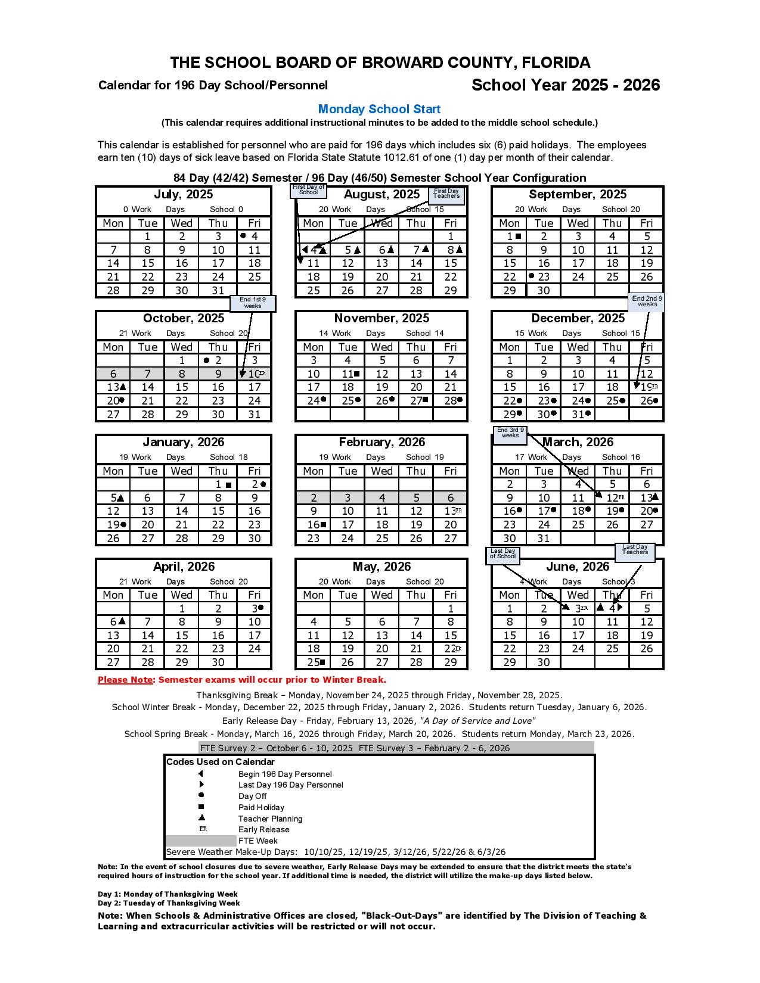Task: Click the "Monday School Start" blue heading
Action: [x=379, y=109]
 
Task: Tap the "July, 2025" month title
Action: [x=183, y=195]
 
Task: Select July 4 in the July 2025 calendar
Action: [x=253, y=237]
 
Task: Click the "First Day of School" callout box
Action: [x=308, y=190]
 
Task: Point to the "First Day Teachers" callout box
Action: [x=446, y=195]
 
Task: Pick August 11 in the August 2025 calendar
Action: [x=314, y=263]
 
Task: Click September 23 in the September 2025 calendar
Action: [x=543, y=277]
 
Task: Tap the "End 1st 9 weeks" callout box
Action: [x=253, y=303]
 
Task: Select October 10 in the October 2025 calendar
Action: [x=255, y=374]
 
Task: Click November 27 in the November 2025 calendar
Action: [x=416, y=401]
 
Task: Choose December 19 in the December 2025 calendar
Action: [x=647, y=387]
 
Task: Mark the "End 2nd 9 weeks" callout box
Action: [x=647, y=301]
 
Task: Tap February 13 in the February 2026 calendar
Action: [x=451, y=511]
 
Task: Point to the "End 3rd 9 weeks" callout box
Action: [x=510, y=434]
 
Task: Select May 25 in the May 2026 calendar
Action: [x=314, y=662]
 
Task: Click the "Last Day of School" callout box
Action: [x=502, y=555]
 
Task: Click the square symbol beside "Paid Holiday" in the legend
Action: [x=201, y=807]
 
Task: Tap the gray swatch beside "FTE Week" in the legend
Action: [x=201, y=841]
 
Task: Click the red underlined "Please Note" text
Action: [x=125, y=680]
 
